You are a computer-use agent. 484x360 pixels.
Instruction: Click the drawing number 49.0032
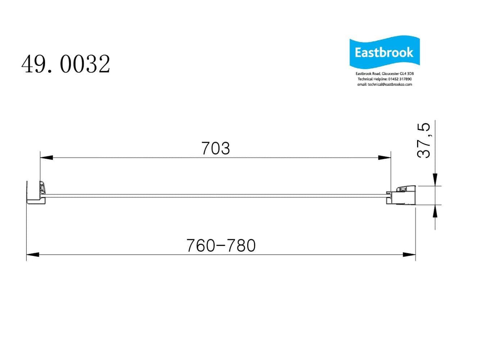click(x=66, y=64)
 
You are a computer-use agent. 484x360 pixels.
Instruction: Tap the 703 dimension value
click(x=216, y=149)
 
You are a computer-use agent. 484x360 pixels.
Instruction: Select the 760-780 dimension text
click(x=221, y=246)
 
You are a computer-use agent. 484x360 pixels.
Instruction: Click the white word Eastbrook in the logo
click(x=384, y=53)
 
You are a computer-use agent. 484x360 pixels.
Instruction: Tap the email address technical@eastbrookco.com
click(x=384, y=85)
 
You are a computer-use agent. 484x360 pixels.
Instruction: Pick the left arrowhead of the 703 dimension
click(x=46, y=158)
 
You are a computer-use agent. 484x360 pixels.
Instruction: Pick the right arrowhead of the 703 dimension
click(x=384, y=158)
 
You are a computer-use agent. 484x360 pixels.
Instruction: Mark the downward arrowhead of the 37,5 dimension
click(x=435, y=179)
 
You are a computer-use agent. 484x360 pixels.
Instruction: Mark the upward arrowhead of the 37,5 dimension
click(x=435, y=211)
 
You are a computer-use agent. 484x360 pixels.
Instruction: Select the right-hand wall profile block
click(x=403, y=195)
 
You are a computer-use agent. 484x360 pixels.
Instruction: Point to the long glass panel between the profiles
click(x=215, y=195)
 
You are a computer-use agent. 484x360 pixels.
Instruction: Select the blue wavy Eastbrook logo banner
click(x=384, y=53)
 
